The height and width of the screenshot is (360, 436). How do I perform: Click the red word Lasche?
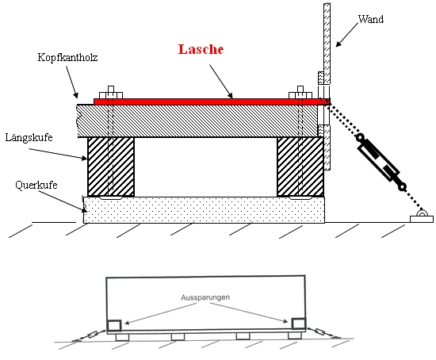[201, 49]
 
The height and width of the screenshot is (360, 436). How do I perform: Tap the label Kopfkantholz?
[67, 58]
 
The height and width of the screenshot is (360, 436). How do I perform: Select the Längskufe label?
[29, 137]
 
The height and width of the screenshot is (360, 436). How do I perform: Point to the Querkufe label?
[36, 185]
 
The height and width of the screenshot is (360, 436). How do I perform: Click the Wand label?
[371, 19]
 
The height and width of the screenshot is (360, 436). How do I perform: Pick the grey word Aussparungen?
[205, 297]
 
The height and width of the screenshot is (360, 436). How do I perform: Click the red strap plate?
[212, 101]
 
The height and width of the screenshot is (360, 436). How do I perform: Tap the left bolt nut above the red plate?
[111, 92]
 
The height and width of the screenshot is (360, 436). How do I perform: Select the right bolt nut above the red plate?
[300, 92]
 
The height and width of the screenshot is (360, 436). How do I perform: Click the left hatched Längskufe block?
[111, 167]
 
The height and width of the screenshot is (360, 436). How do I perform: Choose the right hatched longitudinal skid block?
[300, 167]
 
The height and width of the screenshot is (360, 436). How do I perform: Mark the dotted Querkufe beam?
[204, 210]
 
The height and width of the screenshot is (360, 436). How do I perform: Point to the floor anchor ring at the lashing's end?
[422, 213]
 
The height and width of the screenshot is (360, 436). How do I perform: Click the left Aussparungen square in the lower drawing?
[114, 325]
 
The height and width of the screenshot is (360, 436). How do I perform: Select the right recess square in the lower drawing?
[299, 324]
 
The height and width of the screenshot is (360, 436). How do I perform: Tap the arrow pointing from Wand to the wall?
[347, 35]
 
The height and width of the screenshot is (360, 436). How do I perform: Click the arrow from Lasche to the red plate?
[221, 82]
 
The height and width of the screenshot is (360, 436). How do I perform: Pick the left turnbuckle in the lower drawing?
[93, 334]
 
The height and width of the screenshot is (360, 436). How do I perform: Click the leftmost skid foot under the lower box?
[122, 337]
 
